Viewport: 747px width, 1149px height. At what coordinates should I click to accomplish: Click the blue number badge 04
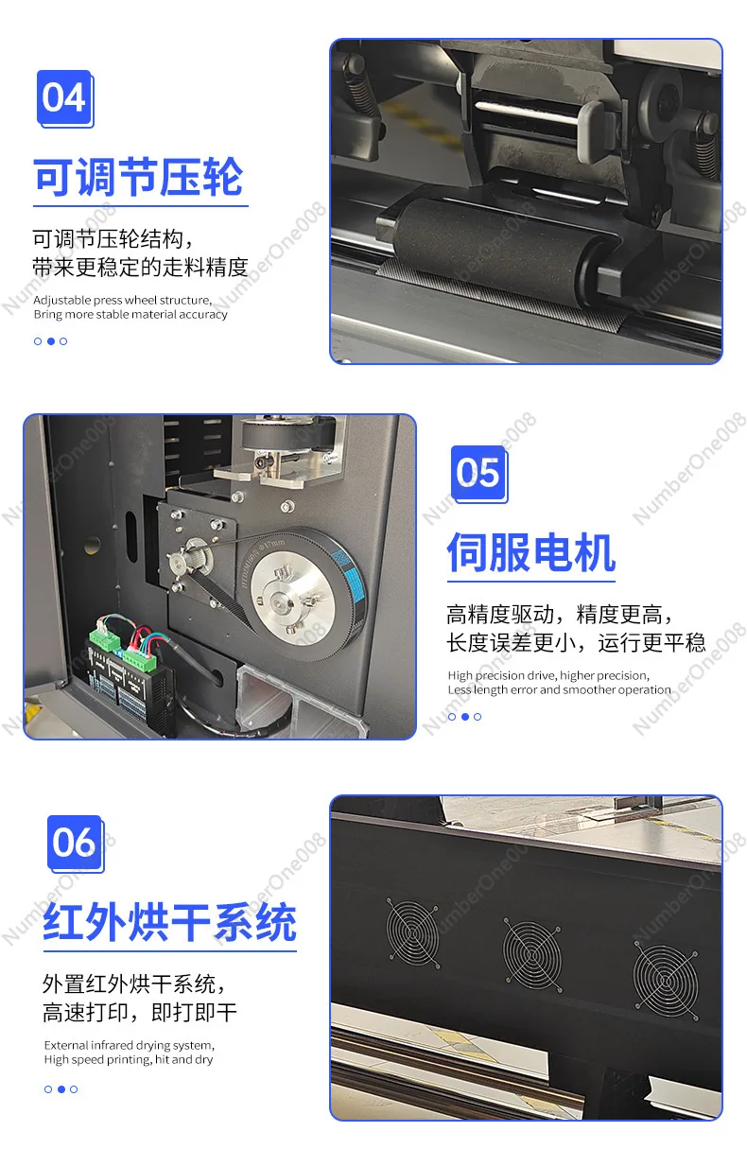pos(64,98)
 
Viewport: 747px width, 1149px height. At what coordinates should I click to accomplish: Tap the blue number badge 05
pos(478,473)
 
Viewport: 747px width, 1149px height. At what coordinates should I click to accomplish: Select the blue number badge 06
pos(74,843)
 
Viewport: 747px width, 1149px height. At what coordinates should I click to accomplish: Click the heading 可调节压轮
pos(139,178)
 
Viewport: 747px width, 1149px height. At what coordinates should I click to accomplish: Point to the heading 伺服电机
pos(530,553)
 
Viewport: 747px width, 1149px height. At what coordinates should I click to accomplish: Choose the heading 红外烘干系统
pos(169,923)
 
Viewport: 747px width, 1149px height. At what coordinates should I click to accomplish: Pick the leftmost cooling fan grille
pos(412,931)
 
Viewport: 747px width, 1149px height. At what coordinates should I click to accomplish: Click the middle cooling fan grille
pos(530,952)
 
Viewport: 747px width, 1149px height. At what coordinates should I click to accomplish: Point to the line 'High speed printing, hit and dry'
pos(129,1059)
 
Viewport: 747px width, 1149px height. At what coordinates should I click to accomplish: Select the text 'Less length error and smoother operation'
pos(559,689)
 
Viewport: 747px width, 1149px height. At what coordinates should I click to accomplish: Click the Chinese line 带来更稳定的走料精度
pos(140,268)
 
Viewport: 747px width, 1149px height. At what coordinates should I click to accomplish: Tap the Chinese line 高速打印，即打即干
pos(140,1013)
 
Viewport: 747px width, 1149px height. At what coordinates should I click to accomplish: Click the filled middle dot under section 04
pos(51,341)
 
